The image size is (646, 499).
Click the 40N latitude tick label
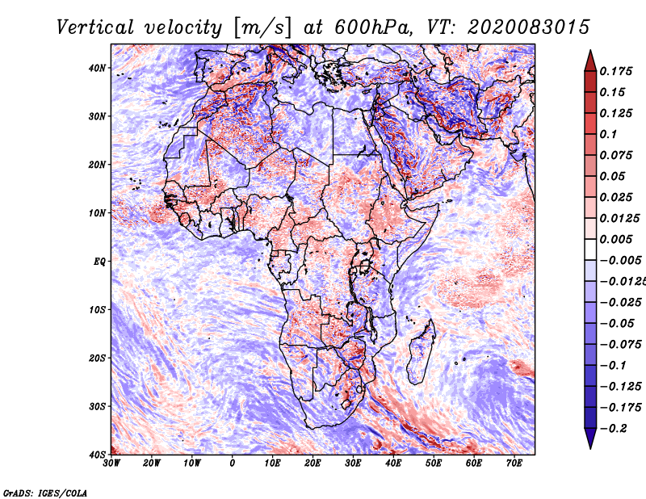pyautogui.click(x=96, y=68)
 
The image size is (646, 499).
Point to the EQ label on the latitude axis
pyautogui.click(x=99, y=262)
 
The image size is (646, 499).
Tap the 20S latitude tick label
pyautogui.click(x=96, y=358)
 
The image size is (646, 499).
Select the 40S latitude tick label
pyautogui.click(x=96, y=455)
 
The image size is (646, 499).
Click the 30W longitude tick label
pyautogui.click(x=111, y=463)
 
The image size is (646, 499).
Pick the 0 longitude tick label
pyautogui.click(x=233, y=463)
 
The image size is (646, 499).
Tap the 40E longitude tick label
pyautogui.click(x=393, y=463)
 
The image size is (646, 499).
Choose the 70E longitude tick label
pyautogui.click(x=514, y=463)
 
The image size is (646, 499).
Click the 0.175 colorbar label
pyautogui.click(x=616, y=72)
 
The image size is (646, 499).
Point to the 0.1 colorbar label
pyautogui.click(x=609, y=135)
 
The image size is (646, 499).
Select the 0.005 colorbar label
pyautogui.click(x=616, y=239)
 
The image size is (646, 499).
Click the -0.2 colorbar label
pyautogui.click(x=614, y=429)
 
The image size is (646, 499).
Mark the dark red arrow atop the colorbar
pyautogui.click(x=590, y=62)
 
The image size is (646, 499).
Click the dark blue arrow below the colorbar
pyautogui.click(x=590, y=438)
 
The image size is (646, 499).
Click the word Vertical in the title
pyautogui.click(x=95, y=27)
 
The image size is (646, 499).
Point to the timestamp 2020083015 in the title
pyautogui.click(x=529, y=27)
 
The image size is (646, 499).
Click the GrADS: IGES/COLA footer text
pyautogui.click(x=45, y=493)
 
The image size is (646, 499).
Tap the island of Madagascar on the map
pyautogui.click(x=421, y=350)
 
